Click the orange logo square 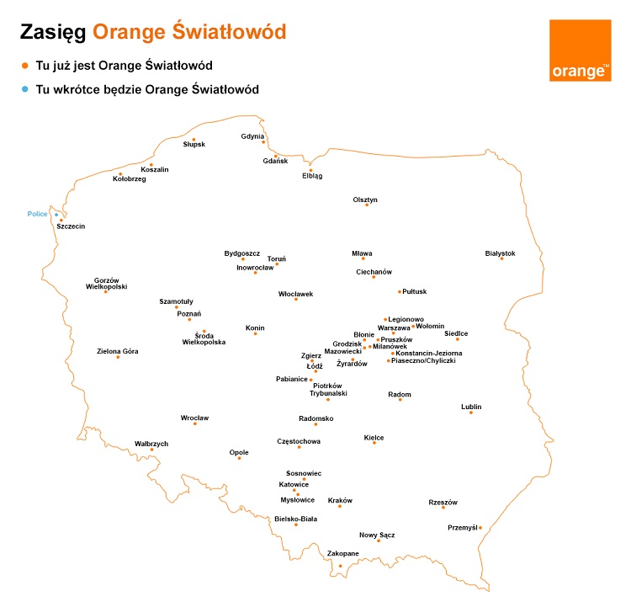[581, 51]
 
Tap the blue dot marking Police [56, 215]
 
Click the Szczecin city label [71, 226]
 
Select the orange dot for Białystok [501, 258]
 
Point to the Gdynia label [252, 136]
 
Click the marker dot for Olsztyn [367, 205]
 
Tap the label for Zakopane [343, 553]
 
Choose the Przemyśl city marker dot [480, 528]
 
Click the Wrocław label [194, 418]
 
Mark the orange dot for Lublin [471, 413]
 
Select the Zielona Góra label [118, 351]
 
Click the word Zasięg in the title [52, 32]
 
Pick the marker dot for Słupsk [194, 140]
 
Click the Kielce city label [374, 437]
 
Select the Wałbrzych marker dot [152, 450]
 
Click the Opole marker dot [239, 458]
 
